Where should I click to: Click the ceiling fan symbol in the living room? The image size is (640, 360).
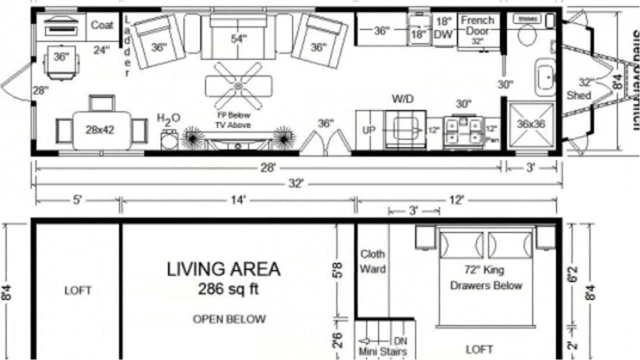tap(238, 86)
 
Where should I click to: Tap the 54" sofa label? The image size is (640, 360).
tap(239, 39)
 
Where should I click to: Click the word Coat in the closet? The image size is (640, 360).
tap(102, 25)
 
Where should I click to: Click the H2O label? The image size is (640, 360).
tap(168, 119)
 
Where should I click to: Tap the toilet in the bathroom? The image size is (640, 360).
tap(526, 34)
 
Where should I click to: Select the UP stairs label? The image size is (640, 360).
tap(368, 130)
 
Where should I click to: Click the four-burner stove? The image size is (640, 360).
tap(463, 131)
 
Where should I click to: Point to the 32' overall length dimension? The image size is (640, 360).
tap(296, 184)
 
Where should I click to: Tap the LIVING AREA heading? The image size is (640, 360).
tap(223, 269)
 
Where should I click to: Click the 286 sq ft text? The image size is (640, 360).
tap(228, 289)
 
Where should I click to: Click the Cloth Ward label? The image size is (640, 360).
tap(372, 261)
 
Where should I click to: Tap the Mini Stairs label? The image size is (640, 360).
tap(382, 351)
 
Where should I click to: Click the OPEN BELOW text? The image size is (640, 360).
tap(229, 319)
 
